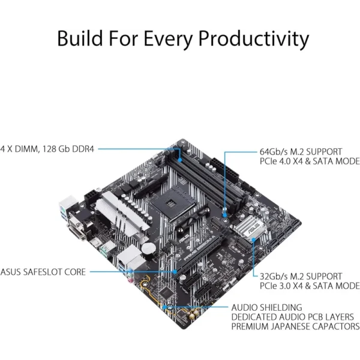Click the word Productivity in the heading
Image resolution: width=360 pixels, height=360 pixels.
(x=253, y=39)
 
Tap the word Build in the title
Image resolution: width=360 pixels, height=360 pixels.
(x=80, y=38)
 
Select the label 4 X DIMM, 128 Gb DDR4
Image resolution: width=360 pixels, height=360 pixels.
(x=47, y=149)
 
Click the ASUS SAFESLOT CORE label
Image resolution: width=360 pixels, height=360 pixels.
(x=43, y=272)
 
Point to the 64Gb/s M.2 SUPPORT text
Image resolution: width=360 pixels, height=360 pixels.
(x=301, y=152)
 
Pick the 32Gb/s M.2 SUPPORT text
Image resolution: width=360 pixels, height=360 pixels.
(x=301, y=276)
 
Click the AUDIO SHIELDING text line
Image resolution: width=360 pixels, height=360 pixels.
(x=267, y=307)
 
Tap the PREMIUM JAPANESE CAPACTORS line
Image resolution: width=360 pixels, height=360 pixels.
(x=295, y=326)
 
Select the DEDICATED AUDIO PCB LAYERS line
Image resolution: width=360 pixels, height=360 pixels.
(x=293, y=317)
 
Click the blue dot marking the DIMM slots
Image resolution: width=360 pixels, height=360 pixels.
(x=180, y=160)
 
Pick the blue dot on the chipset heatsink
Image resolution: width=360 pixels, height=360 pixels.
(x=253, y=239)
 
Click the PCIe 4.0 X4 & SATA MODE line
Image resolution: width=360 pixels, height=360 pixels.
(x=310, y=161)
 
